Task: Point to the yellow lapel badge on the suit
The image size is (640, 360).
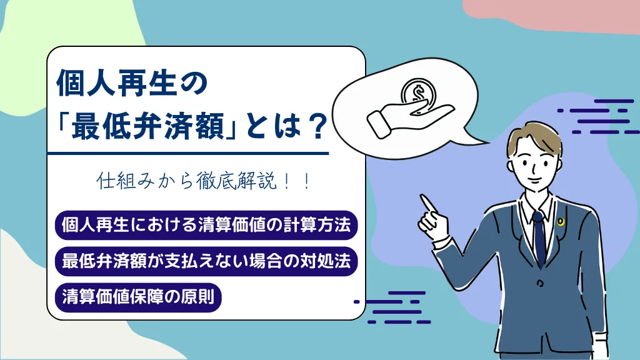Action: pos(561,222)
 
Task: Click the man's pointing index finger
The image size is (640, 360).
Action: pos(428,204)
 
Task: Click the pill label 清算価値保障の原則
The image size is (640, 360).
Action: pos(138,297)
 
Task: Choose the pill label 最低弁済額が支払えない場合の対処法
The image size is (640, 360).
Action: pos(206,261)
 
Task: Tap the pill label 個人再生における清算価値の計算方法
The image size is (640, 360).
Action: pos(206,225)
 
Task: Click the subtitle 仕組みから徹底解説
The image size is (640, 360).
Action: pos(187,181)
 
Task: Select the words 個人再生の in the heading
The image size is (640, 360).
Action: pos(132,83)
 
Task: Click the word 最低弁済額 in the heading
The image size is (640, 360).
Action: pos(149,126)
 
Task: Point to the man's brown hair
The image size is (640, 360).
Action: pos(535,137)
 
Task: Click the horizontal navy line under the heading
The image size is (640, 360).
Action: pos(187,154)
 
